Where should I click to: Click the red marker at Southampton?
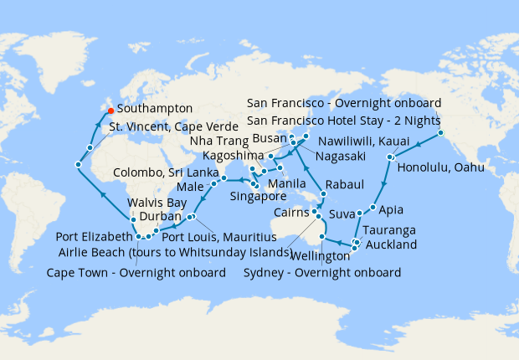pyautogui.click(x=111, y=109)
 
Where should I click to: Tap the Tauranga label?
pyautogui.click(x=394, y=229)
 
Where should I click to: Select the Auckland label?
pyautogui.click(x=392, y=245)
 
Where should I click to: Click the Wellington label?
pyautogui.click(x=321, y=255)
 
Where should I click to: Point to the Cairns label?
pyautogui.click(x=290, y=213)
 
